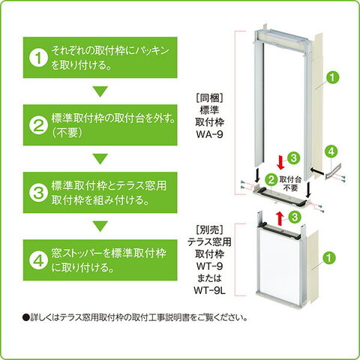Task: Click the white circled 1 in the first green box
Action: [38, 58]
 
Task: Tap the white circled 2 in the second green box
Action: [38, 126]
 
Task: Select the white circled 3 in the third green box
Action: [38, 193]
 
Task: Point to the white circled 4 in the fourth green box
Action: [38, 260]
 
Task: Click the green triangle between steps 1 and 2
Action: [100, 91]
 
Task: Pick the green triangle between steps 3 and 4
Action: [100, 226]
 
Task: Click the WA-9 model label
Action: [209, 135]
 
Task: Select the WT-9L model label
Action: [209, 290]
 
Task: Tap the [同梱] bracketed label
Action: [209, 98]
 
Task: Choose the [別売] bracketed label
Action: [209, 229]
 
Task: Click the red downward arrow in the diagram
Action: [280, 162]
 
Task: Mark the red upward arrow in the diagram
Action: [280, 217]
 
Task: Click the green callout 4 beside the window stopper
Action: [331, 151]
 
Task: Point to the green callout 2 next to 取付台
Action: [271, 179]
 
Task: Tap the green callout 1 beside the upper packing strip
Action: [332, 77]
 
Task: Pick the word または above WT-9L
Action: [209, 278]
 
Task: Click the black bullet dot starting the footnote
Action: [25, 318]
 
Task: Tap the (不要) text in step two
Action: [67, 133]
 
